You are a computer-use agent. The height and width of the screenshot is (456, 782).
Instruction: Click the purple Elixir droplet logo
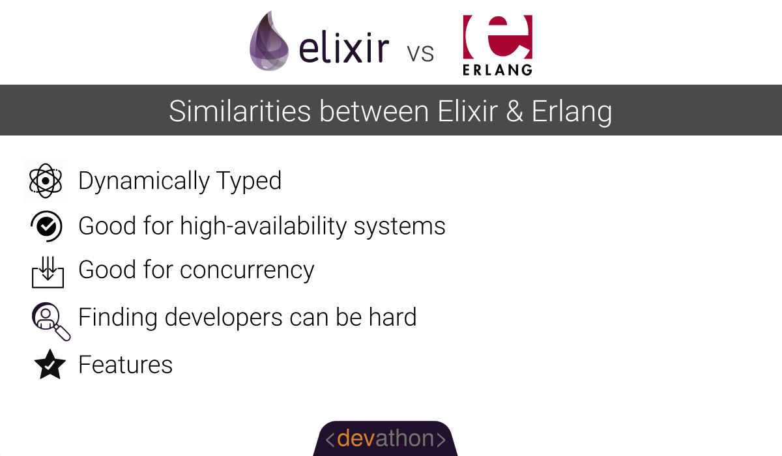pyautogui.click(x=268, y=41)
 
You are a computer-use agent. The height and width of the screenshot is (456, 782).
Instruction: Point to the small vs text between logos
pyautogui.click(x=420, y=53)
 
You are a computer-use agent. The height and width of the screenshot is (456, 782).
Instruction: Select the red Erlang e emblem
pyautogui.click(x=497, y=36)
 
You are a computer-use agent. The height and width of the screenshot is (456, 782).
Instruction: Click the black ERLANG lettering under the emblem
pyautogui.click(x=497, y=70)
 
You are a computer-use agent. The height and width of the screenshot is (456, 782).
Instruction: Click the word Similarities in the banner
pyautogui.click(x=240, y=111)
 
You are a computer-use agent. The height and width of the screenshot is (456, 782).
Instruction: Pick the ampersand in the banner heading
pyautogui.click(x=514, y=111)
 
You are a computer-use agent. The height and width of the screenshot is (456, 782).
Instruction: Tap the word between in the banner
pyautogui.click(x=374, y=111)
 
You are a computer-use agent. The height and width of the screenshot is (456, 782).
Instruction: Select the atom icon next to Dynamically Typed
pyautogui.click(x=46, y=180)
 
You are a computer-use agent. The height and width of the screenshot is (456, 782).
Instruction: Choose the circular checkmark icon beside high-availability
pyautogui.click(x=46, y=226)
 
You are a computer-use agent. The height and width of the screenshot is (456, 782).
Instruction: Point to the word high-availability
pyautogui.click(x=263, y=227)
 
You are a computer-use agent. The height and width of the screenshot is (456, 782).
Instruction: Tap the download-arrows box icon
pyautogui.click(x=48, y=272)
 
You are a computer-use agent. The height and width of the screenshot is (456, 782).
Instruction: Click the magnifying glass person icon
pyautogui.click(x=51, y=321)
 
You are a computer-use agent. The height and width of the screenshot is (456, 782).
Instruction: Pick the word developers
pyautogui.click(x=224, y=318)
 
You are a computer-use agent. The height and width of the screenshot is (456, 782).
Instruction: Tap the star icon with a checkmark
pyautogui.click(x=50, y=365)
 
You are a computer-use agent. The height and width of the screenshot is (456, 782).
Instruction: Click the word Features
pyautogui.click(x=125, y=365)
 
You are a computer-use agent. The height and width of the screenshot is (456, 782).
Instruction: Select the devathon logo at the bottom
pyautogui.click(x=385, y=438)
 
